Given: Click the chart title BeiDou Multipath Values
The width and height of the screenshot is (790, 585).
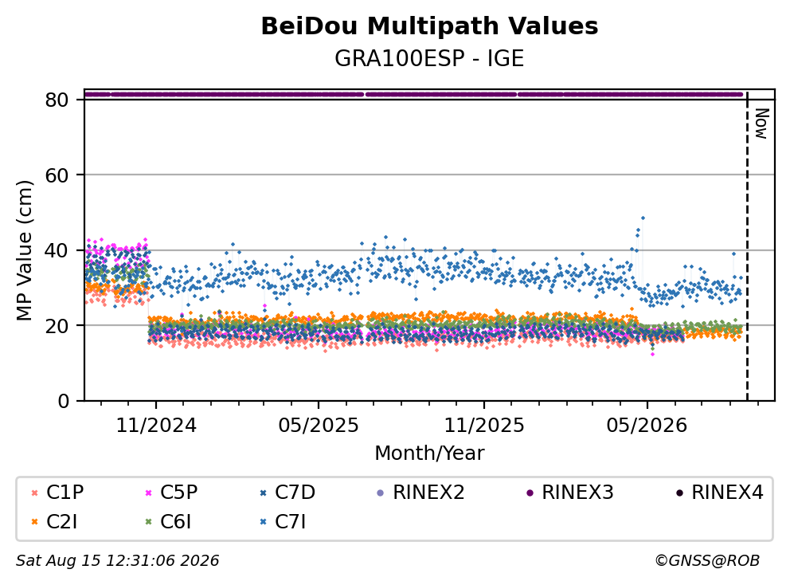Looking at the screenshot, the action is point(429,26).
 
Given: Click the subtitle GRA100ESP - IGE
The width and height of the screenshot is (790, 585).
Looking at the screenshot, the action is point(429,58).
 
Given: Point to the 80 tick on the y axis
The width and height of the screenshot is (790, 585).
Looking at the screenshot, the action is point(57,100).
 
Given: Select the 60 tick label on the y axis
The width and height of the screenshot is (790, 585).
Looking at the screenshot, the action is point(57,175).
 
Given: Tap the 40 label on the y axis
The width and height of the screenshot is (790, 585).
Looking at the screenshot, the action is point(57,250).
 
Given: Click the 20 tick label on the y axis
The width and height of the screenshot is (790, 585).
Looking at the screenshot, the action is point(57,326).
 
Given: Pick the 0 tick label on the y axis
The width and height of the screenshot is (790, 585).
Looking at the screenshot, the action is point(64,401).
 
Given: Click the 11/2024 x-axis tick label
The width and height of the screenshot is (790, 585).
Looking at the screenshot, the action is point(156,426).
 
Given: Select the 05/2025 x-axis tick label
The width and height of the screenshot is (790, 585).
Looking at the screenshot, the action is point(319,426).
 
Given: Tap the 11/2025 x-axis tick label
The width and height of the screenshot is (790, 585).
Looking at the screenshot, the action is point(484,426).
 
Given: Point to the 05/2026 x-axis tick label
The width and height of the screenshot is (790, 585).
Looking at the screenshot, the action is point(647,426).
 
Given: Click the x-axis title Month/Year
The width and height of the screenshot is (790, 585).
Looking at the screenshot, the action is point(429,453).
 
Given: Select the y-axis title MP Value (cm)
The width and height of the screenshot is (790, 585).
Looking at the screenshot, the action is point(24,250).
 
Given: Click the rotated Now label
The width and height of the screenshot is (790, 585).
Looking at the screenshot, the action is point(761,124).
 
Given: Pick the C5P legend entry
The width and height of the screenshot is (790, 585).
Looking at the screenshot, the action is point(172,493).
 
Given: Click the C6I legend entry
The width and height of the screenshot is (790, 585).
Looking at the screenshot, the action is point(169,522).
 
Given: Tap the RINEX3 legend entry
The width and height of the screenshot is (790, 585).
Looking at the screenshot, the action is point(570,493).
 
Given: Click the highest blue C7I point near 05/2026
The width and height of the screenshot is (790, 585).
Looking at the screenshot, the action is point(643,218).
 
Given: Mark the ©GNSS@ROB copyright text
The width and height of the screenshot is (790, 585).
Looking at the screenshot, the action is point(707,560).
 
